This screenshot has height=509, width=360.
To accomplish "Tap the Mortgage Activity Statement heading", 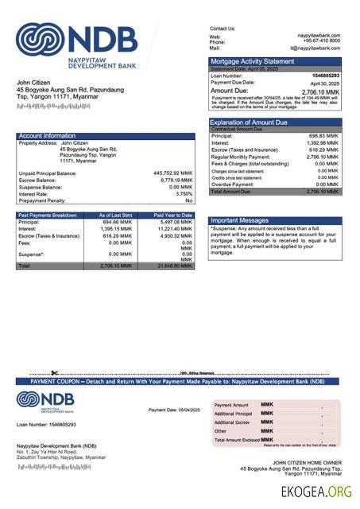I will (x=252, y=61).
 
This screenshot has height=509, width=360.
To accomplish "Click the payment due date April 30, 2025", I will (x=325, y=83).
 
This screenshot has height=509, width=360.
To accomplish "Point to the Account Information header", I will (x=48, y=136).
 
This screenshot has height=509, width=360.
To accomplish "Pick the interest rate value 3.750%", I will (x=184, y=193).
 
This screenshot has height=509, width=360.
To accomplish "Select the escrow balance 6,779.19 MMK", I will (x=176, y=180).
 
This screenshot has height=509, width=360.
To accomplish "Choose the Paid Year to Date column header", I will (x=172, y=216).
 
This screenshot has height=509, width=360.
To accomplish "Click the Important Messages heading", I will (x=240, y=220).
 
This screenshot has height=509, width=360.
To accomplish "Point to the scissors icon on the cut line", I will (x=54, y=373).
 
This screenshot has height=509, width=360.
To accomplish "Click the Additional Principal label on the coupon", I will (x=233, y=414).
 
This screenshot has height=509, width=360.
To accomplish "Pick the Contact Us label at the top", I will (x=223, y=29).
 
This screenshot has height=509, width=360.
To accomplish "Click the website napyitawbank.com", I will (x=319, y=36).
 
